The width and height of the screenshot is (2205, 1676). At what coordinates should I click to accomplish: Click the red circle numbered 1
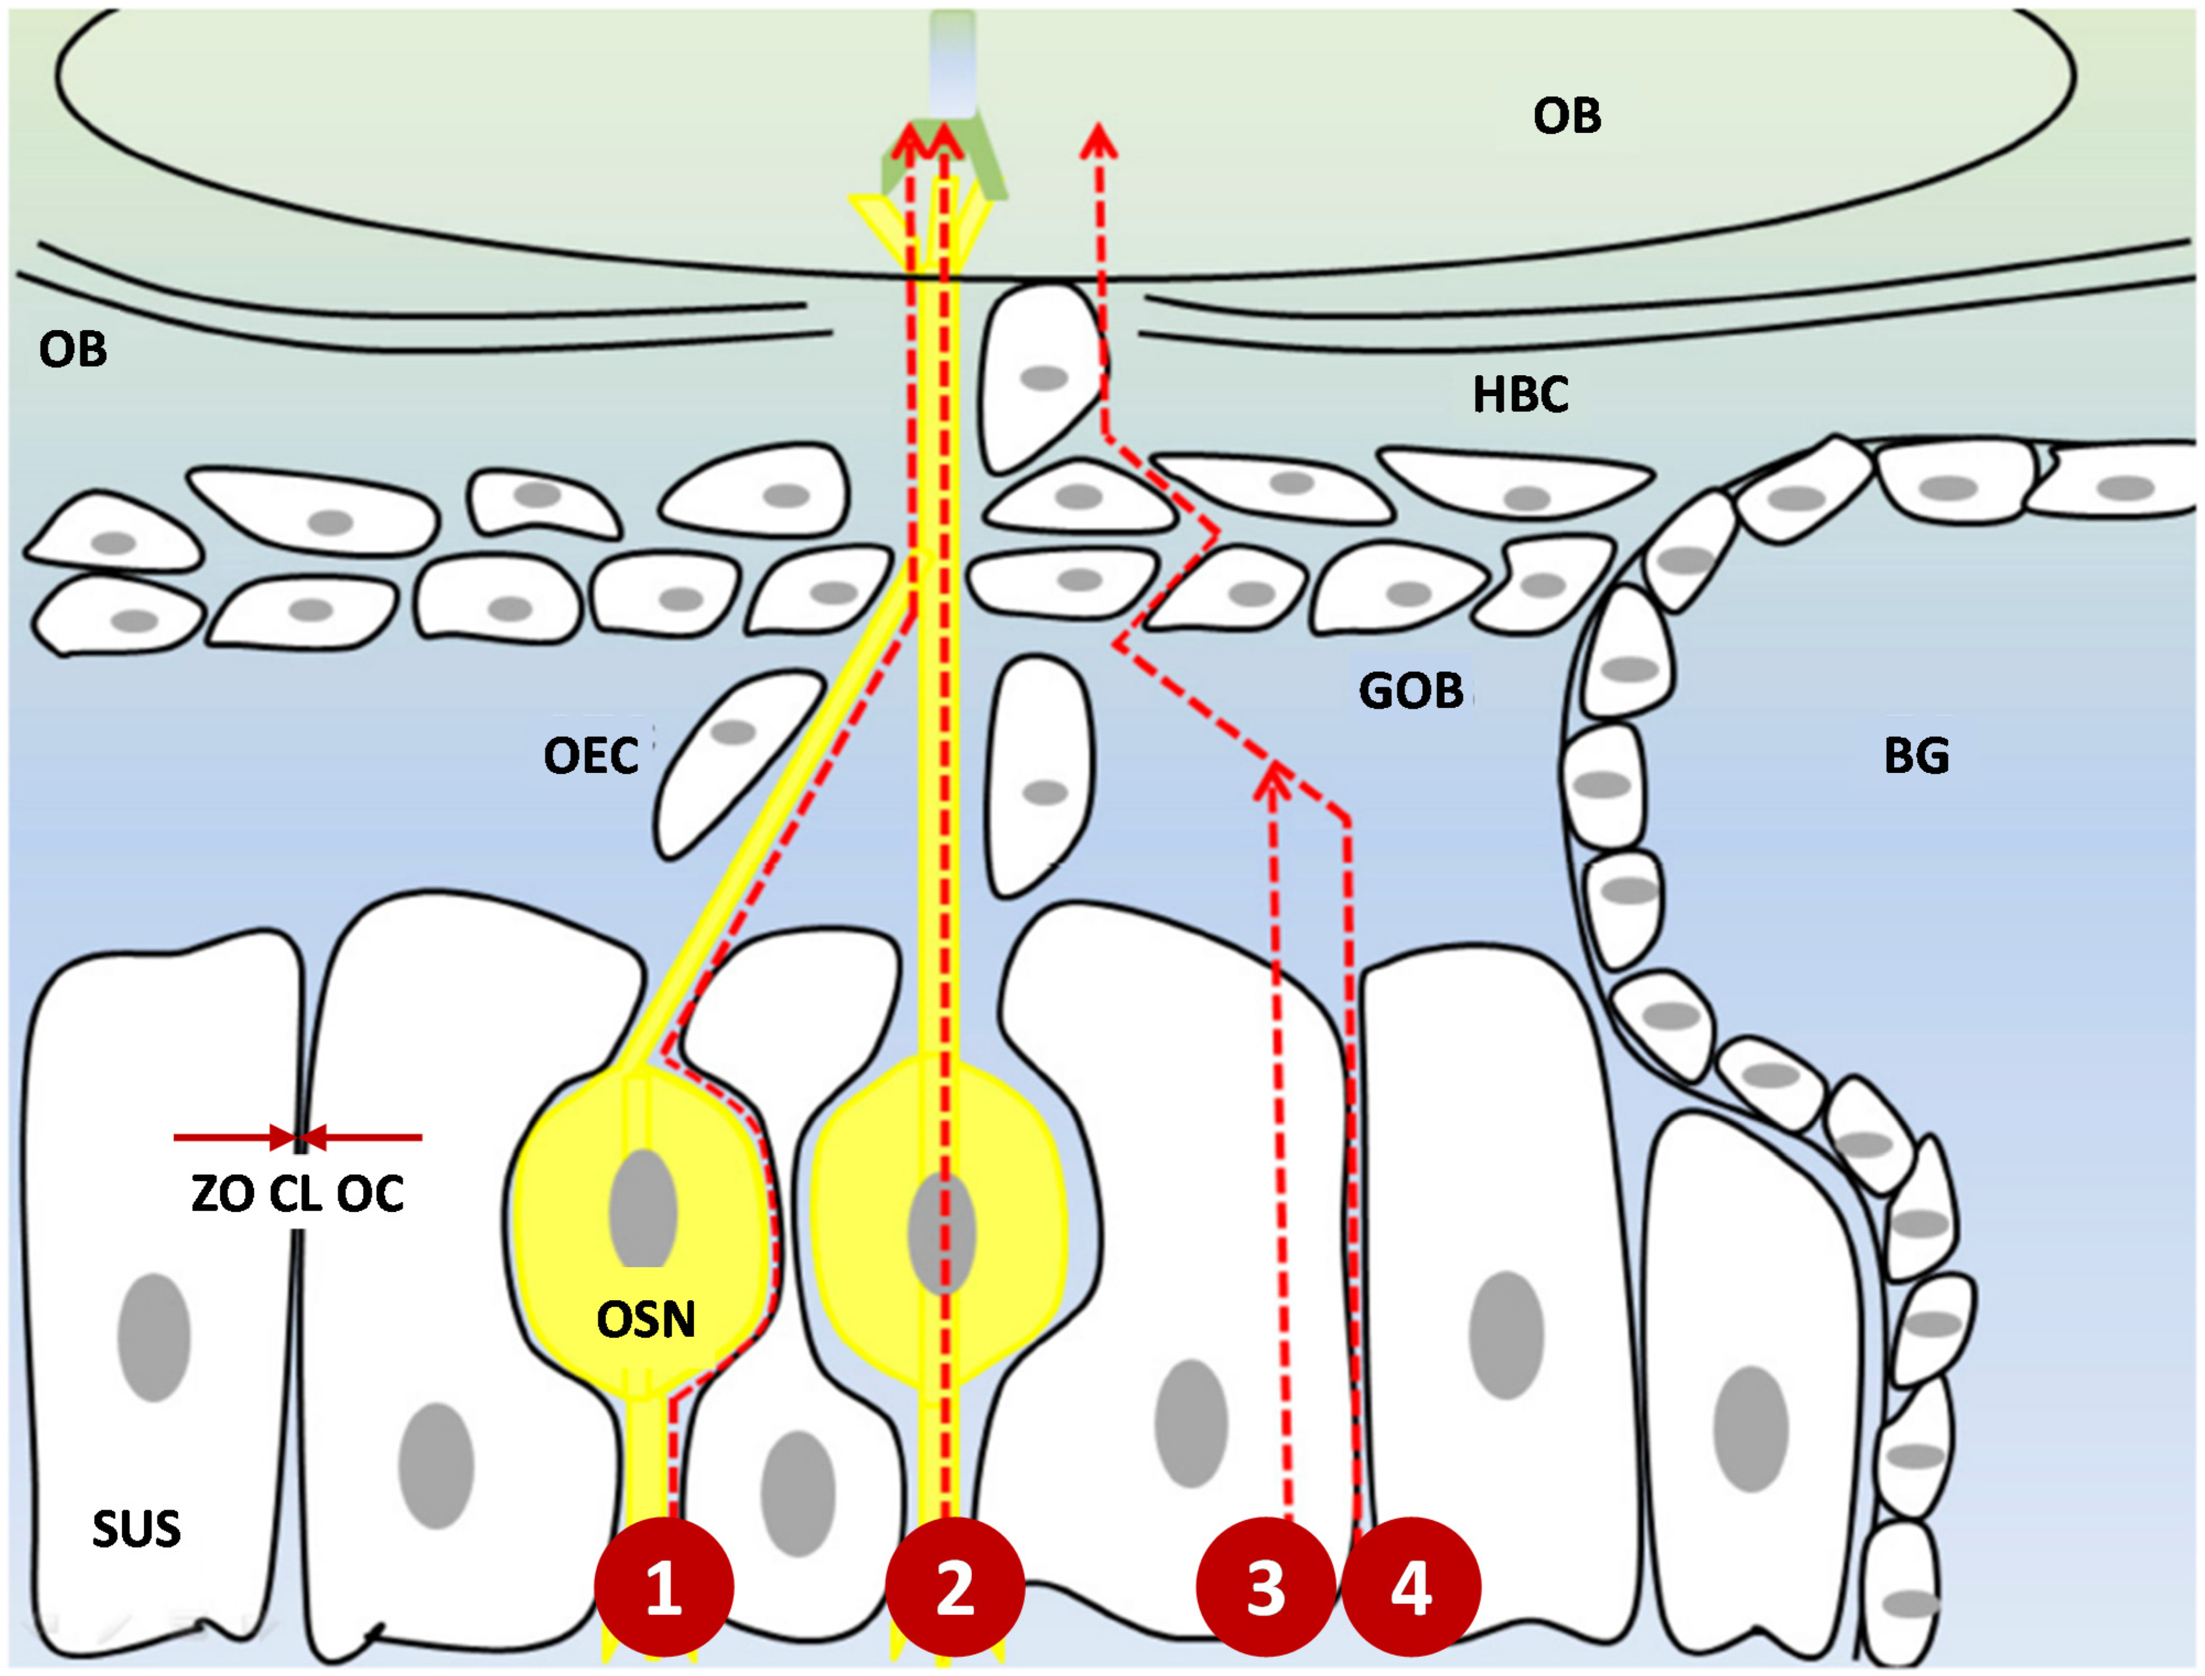tap(663, 1586)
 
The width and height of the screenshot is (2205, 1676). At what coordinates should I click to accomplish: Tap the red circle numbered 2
tap(955, 1586)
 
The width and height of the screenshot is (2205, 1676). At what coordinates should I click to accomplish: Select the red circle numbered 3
tap(1265, 1586)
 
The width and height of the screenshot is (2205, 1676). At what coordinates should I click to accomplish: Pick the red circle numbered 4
tap(1411, 1586)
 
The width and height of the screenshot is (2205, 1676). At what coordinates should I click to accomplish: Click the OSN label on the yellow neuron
tap(645, 1320)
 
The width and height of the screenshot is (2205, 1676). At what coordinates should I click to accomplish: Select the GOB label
tap(1411, 690)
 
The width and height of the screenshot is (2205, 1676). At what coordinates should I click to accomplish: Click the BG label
tap(1916, 755)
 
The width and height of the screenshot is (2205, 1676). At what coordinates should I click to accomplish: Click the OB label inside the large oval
tap(1566, 116)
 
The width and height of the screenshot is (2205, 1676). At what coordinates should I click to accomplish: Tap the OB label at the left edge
tap(73, 349)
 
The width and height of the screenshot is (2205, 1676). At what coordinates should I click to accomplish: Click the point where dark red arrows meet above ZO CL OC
tap(298, 1136)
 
